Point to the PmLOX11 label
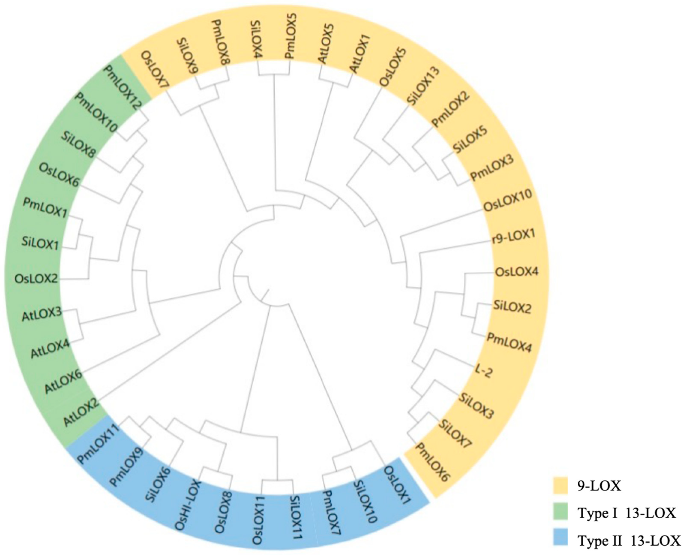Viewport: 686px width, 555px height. pyautogui.click(x=98, y=443)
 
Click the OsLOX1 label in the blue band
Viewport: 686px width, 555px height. pyautogui.click(x=397, y=482)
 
